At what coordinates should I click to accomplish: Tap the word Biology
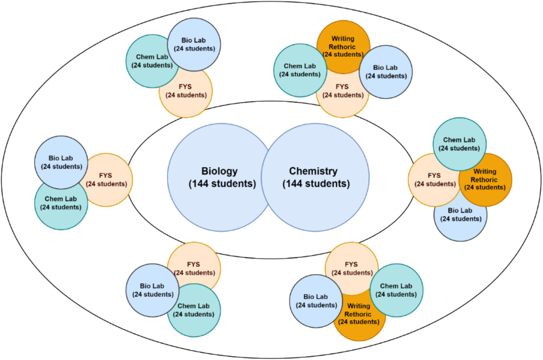pyautogui.click(x=219, y=171)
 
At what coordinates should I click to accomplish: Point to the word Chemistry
pyautogui.click(x=313, y=171)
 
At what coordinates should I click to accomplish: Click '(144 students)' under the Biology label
pyautogui.click(x=222, y=184)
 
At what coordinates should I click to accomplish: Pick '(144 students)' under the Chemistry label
pyautogui.click(x=316, y=184)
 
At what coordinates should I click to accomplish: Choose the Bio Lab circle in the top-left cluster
pyautogui.click(x=194, y=45)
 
